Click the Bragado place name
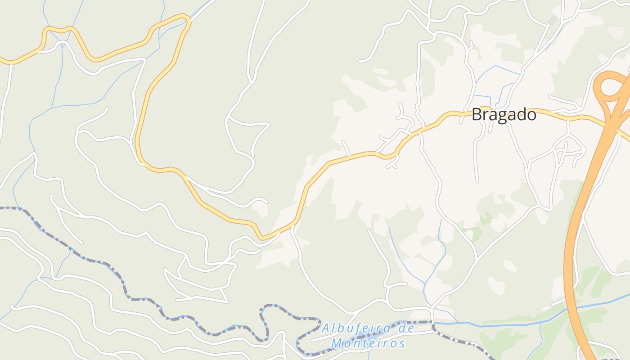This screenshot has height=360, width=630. [504, 115]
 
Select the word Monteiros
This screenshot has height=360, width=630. [368, 344]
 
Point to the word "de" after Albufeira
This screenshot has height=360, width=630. [407, 328]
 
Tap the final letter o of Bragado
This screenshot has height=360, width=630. [531, 116]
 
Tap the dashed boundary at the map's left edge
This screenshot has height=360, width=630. [2, 208]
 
